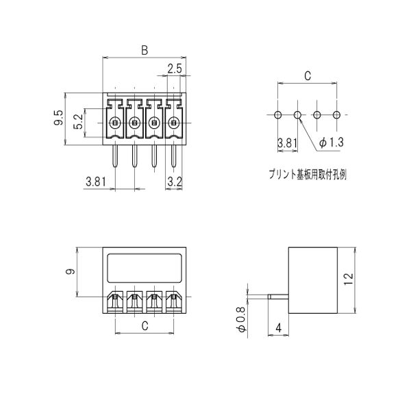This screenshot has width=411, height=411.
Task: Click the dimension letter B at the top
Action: point(145,50)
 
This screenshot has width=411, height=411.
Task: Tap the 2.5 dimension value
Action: point(174,68)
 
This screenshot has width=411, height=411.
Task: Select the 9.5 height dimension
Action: point(59,117)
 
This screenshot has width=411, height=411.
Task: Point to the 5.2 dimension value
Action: point(78,122)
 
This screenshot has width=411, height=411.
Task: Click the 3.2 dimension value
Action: point(175,182)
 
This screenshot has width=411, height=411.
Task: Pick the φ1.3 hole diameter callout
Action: point(331,142)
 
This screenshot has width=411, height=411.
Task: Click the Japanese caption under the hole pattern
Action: point(308,174)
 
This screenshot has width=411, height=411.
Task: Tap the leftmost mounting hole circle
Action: point(278,115)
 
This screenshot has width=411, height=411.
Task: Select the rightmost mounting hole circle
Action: point(336,115)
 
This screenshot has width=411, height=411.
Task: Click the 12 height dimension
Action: point(349,279)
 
